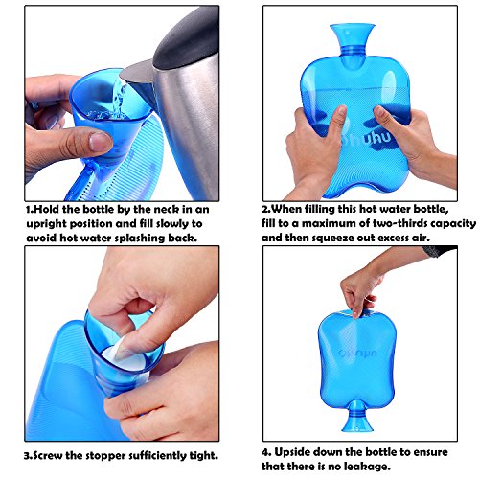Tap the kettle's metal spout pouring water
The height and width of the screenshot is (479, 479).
pyautogui.click(x=137, y=73)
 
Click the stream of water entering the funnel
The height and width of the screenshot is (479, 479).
pyautogui.click(x=119, y=98)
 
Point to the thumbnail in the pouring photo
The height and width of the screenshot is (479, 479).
pyautogui.click(x=101, y=142)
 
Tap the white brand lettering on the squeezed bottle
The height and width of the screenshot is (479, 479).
pyautogui.click(x=367, y=138)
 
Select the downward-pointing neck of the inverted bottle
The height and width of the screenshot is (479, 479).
pyautogui.click(x=357, y=416)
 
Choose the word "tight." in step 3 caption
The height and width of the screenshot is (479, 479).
pyautogui.click(x=204, y=456)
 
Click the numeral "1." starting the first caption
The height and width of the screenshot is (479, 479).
pyautogui.click(x=30, y=210)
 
